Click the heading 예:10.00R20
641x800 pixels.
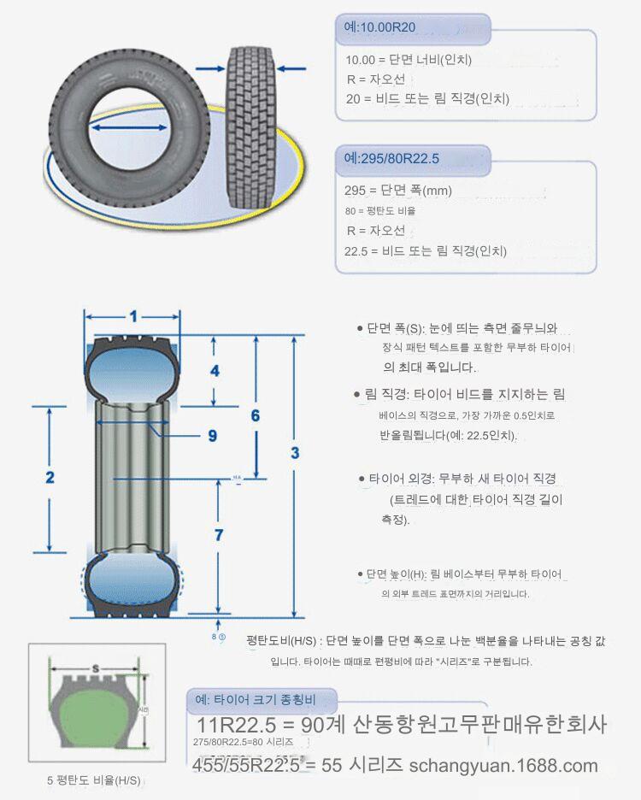tap(379, 28)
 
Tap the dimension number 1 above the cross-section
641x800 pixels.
tap(133, 316)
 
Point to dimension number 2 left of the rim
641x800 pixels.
tap(50, 477)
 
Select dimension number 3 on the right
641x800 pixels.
tap(295, 453)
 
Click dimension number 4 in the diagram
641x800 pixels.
tap(215, 371)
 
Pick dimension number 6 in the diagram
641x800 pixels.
tap(255, 416)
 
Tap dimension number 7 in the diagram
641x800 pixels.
tap(219, 535)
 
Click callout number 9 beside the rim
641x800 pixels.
tap(213, 435)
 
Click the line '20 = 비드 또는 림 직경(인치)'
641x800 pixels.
tap(427, 98)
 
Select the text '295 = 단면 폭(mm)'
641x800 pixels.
tap(398, 191)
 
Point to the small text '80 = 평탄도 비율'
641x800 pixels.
tap(380, 211)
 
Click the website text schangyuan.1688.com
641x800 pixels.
tap(503, 765)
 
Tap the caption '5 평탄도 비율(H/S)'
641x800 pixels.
tap(94, 781)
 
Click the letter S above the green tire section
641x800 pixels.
tap(96, 667)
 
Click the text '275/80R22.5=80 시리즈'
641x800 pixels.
tap(244, 743)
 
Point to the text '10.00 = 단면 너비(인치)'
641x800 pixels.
tap(409, 60)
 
